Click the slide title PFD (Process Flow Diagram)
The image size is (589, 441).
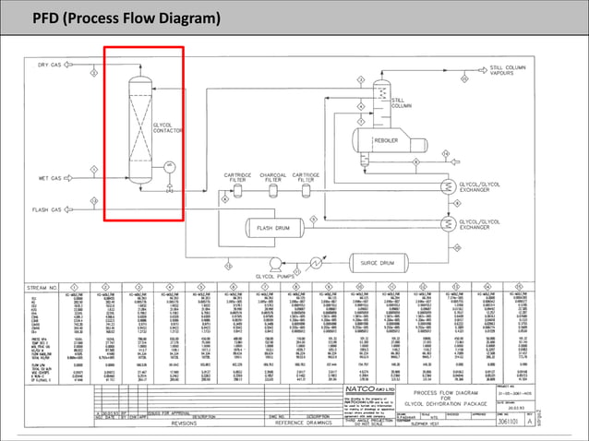[126, 18]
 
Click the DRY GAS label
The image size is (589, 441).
[49, 65]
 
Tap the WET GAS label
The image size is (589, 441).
[49, 178]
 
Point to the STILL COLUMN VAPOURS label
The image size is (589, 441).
[535, 71]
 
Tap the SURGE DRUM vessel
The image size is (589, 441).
[376, 262]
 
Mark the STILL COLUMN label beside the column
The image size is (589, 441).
[402, 103]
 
